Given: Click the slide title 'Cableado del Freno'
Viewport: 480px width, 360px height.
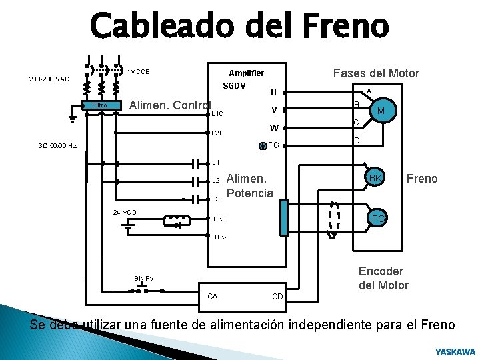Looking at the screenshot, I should pyautogui.click(x=239, y=27).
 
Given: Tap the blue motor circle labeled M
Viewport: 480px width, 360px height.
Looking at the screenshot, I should pyautogui.click(x=380, y=111).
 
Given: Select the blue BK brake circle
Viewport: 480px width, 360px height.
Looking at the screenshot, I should pyautogui.click(x=375, y=179).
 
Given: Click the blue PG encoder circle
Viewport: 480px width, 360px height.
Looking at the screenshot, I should pyautogui.click(x=377, y=218).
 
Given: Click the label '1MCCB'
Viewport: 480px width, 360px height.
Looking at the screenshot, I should pyautogui.click(x=138, y=72).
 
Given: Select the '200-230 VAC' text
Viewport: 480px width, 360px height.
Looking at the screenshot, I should pyautogui.click(x=49, y=79).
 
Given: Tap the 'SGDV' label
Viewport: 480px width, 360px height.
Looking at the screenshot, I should pyautogui.click(x=234, y=86).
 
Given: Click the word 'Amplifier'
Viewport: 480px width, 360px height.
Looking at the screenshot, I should pyautogui.click(x=246, y=73).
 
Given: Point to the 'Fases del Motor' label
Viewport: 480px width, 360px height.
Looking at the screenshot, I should pyautogui.click(x=376, y=73).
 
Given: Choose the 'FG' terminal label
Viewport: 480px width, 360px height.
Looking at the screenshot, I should pyautogui.click(x=273, y=145).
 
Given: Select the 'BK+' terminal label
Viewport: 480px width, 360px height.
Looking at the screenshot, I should pyautogui.click(x=221, y=219).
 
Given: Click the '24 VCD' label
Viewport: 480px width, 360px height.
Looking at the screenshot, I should pyautogui.click(x=125, y=213).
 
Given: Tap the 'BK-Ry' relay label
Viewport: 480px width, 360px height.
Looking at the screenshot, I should pyautogui.click(x=143, y=279).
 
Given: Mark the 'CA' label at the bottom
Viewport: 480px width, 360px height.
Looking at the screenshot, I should pyautogui.click(x=213, y=296).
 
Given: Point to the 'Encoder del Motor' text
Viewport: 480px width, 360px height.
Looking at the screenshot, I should pyautogui.click(x=383, y=278).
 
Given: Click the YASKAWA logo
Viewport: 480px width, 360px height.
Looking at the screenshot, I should pyautogui.click(x=455, y=351).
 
